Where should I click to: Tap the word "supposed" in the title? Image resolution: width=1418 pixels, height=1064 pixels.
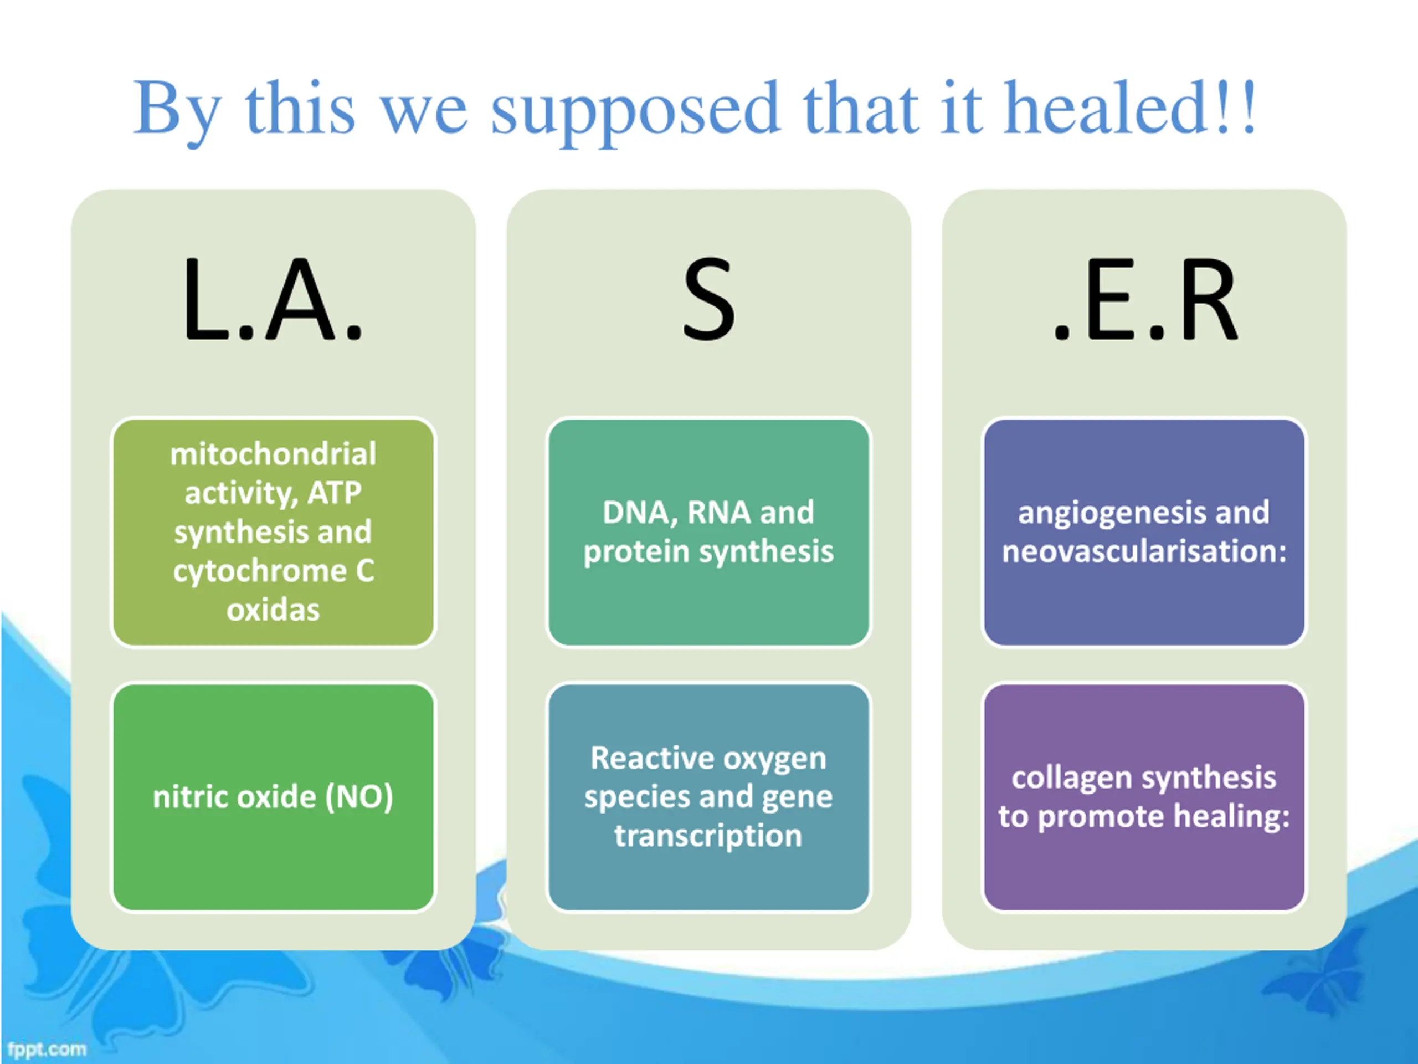coord(635,113)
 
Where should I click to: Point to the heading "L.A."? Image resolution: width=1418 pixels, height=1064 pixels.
coord(273,298)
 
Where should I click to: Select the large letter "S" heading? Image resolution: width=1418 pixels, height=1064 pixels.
coord(708,299)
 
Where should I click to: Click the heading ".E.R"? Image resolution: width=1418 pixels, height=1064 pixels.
coord(1145,299)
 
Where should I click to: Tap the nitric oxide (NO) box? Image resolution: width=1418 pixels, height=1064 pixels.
coord(274,797)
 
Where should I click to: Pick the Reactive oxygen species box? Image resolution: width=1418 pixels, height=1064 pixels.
coord(709,797)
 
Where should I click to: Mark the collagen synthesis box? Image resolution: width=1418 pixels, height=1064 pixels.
coord(1144,797)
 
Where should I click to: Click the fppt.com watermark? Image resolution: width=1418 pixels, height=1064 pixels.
coord(47,1049)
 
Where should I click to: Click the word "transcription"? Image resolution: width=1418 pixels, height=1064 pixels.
coord(708,836)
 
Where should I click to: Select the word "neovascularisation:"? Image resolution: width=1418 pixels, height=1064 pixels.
coord(1144,551)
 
